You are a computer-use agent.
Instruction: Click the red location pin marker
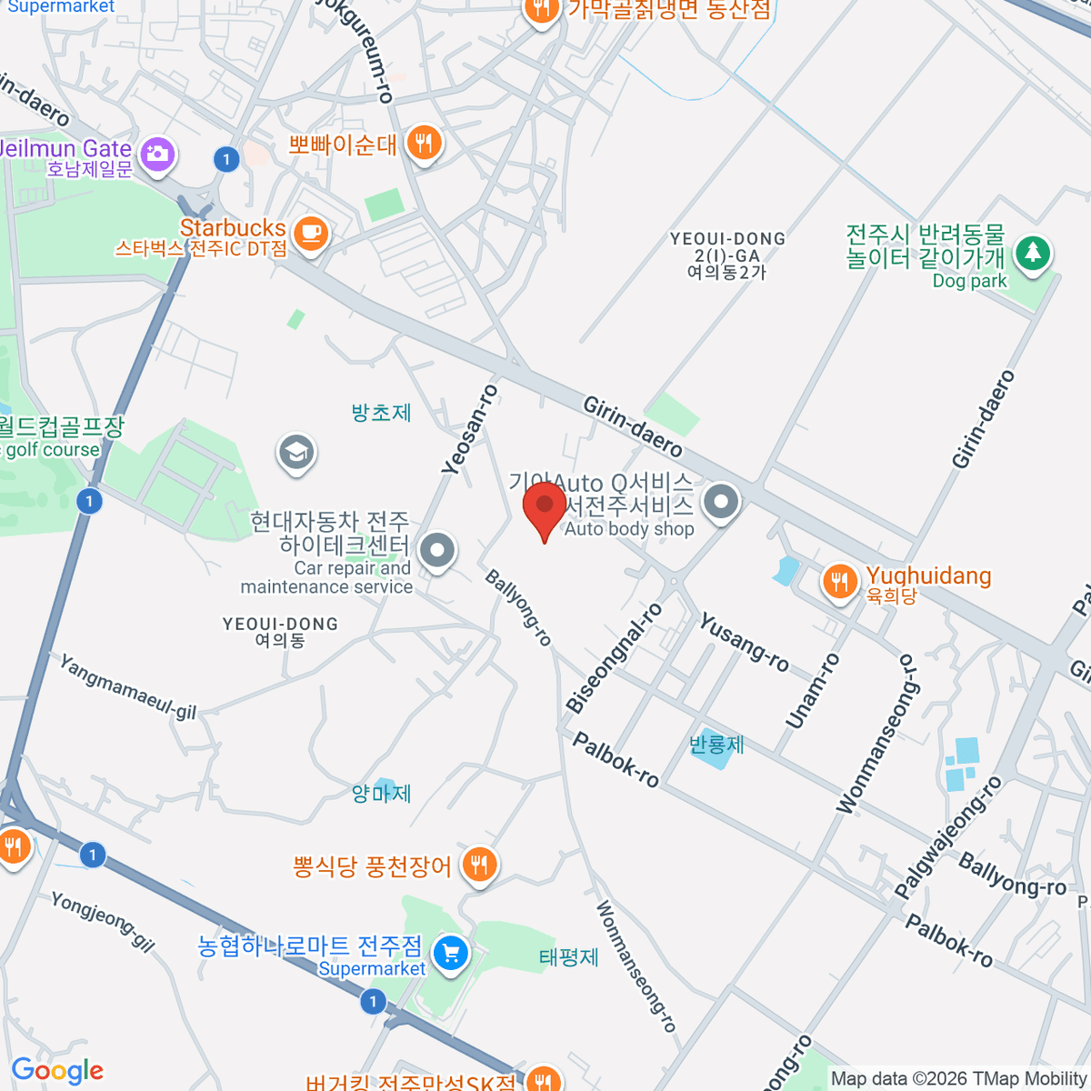[x=545, y=506]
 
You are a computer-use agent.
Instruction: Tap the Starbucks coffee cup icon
[x=311, y=233]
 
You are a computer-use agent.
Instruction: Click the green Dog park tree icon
[x=1032, y=252]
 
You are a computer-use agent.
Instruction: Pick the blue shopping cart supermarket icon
[x=450, y=954]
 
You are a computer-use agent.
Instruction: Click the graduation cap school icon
[x=296, y=451]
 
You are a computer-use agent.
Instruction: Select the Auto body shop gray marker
[x=722, y=501]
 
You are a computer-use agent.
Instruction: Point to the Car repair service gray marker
[x=438, y=550]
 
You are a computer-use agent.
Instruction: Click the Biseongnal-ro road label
[x=615, y=657]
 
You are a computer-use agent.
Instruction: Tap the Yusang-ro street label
[x=744, y=642]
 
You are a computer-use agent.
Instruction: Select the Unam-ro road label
[x=812, y=691]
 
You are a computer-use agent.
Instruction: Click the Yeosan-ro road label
[x=469, y=429]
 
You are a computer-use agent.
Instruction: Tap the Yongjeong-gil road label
[x=102, y=920]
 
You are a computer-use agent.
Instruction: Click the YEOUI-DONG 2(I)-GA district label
[x=727, y=255]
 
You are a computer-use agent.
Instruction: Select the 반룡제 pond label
[x=716, y=746]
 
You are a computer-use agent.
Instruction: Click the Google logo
[x=57, y=1071]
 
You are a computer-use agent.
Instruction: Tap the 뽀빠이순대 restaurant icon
[x=423, y=143]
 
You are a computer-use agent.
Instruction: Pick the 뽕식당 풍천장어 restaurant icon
[x=478, y=865]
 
